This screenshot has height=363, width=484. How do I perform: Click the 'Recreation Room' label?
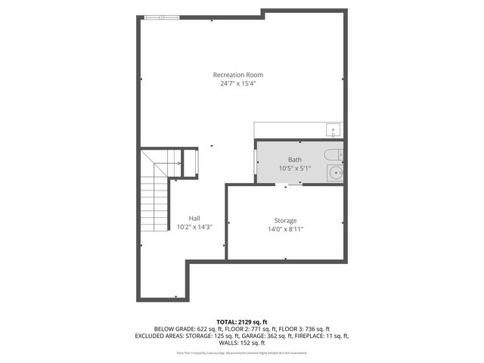pyautogui.click(x=238, y=75)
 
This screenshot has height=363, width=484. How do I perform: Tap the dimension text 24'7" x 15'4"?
pyautogui.click(x=238, y=83)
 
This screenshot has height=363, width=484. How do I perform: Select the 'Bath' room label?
pyautogui.click(x=294, y=160)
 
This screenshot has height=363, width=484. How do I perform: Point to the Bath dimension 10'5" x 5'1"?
pyautogui.click(x=294, y=168)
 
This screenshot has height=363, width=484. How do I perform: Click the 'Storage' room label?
pyautogui.click(x=285, y=221)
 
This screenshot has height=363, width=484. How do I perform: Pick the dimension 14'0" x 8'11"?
pyautogui.click(x=285, y=229)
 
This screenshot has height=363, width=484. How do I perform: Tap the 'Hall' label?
pyautogui.click(x=194, y=218)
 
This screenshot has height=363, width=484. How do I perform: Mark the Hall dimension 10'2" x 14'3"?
pyautogui.click(x=194, y=226)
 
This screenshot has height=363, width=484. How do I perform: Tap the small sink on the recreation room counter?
pyautogui.click(x=334, y=129)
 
